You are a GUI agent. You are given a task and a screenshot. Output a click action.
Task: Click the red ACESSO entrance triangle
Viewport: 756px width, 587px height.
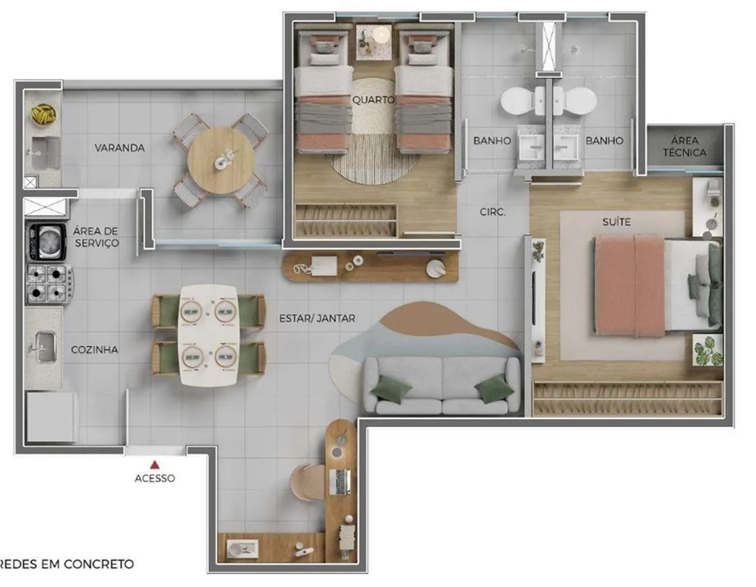tap(155, 465)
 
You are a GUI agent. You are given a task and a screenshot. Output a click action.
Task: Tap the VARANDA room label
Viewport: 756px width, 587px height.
tap(119, 148)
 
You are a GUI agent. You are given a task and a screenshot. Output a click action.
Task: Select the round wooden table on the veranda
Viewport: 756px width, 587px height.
tap(221, 160)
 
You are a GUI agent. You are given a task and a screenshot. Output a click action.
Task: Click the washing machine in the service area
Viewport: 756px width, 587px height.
tap(47, 242)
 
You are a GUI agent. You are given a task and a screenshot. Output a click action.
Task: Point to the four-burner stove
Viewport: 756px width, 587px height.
tap(49, 283)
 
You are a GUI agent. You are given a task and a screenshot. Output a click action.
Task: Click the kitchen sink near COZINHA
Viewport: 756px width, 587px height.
tap(45, 347)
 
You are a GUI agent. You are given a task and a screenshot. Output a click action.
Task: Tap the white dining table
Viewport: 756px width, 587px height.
tap(209, 335)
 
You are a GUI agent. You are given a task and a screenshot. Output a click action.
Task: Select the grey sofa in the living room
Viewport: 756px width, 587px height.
tap(441, 385)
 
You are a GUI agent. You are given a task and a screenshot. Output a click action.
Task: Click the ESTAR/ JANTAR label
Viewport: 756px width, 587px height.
tap(317, 318)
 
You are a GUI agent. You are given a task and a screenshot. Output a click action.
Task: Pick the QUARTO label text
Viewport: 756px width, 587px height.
tap(373, 100)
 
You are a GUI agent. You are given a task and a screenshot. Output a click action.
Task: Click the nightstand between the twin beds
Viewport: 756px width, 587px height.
tap(374, 42)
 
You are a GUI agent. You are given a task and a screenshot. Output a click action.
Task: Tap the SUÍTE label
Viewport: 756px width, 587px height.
tap(616, 222)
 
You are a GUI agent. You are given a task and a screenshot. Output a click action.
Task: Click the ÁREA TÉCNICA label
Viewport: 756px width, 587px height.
tap(685, 146)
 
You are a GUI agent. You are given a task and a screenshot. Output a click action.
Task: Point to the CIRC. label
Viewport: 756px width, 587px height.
tap(492, 212)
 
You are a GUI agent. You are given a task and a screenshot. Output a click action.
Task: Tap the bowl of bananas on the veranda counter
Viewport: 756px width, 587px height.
tap(43, 114)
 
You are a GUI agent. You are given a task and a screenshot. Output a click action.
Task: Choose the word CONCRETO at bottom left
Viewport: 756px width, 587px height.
tap(99, 564)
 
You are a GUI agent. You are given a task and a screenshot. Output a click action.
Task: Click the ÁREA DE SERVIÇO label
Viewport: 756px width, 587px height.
tap(96, 237)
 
